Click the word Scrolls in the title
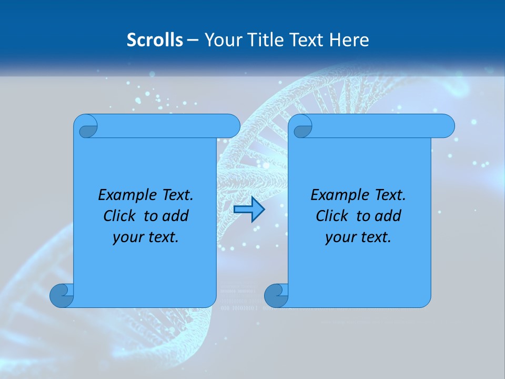pyautogui.click(x=155, y=40)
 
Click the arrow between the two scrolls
pyautogui.click(x=249, y=210)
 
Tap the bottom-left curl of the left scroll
pyautogui.click(x=62, y=296)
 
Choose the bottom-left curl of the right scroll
pyautogui.click(x=276, y=296)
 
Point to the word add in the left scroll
pyautogui.click(x=176, y=216)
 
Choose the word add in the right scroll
pyautogui.click(x=389, y=216)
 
